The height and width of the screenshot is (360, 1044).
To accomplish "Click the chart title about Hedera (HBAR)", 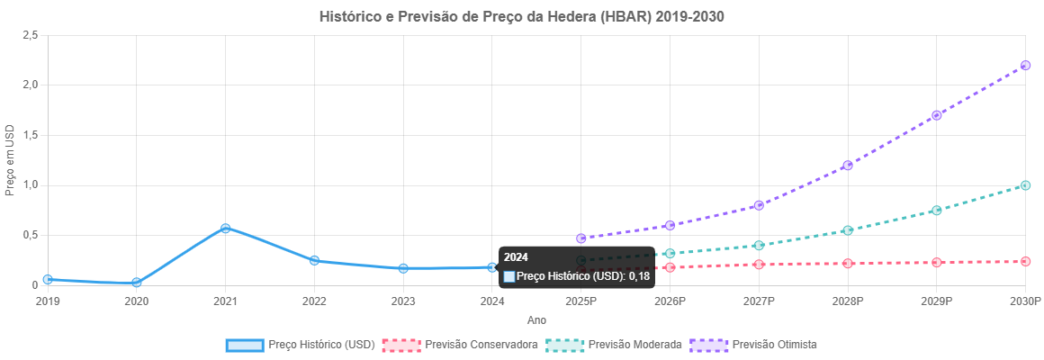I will coord(522,17).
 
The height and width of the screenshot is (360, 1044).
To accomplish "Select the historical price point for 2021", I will coord(225,229).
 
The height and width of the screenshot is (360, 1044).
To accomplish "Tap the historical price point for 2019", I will coord(47,280).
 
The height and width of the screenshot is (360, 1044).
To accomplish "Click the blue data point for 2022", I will coord(314,261).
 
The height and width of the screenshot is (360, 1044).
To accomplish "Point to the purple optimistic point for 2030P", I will coord(1025,66).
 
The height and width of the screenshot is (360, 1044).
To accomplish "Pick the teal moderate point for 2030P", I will coord(1025,185).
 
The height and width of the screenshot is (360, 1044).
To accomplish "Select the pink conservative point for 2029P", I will coord(936,263).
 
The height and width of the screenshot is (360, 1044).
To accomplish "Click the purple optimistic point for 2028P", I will coord(848,166).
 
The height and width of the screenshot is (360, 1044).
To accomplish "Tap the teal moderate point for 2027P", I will coord(759,246).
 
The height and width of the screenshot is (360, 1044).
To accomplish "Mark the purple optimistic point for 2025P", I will coord(580,238).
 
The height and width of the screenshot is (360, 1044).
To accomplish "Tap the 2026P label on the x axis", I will coord(670,301).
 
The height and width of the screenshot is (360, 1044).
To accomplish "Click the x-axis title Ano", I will coord(536,320).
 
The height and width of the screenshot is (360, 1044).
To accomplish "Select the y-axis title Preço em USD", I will coord(10,160).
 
